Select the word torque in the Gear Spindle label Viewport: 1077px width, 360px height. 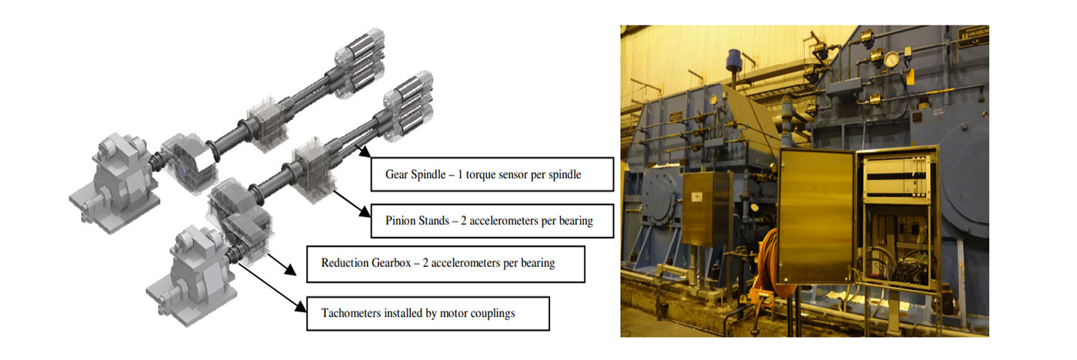point(482,175)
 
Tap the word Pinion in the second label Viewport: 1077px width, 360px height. point(400,221)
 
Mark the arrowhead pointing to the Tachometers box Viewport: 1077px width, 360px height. point(300,305)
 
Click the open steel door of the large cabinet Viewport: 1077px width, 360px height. point(815,215)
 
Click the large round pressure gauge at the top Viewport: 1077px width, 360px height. point(892,59)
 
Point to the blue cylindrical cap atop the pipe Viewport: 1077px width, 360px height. point(734,59)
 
